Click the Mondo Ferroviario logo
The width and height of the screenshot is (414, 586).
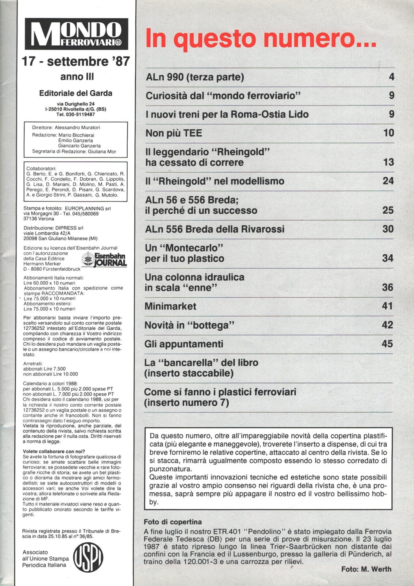(76, 34)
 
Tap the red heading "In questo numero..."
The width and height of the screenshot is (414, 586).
(261, 39)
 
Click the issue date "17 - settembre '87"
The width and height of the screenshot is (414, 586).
(76, 61)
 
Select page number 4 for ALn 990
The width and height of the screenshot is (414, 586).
(391, 77)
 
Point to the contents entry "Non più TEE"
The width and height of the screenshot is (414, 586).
(174, 133)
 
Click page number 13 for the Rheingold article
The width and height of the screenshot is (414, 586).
(388, 162)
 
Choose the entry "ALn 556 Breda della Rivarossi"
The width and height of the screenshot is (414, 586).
(215, 229)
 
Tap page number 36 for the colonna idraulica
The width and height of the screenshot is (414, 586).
(387, 288)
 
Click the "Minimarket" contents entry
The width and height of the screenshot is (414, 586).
(170, 306)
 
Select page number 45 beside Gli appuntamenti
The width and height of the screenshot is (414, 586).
(387, 344)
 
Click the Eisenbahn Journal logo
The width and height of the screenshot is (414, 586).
(105, 259)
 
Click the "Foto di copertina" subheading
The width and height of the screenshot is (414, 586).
(173, 522)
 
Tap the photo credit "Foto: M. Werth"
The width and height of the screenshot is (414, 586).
(366, 569)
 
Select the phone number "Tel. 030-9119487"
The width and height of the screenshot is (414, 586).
(76, 114)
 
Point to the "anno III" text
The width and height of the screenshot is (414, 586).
(77, 77)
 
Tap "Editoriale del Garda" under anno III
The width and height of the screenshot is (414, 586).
(76, 93)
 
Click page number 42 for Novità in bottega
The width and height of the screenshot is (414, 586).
(387, 325)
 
